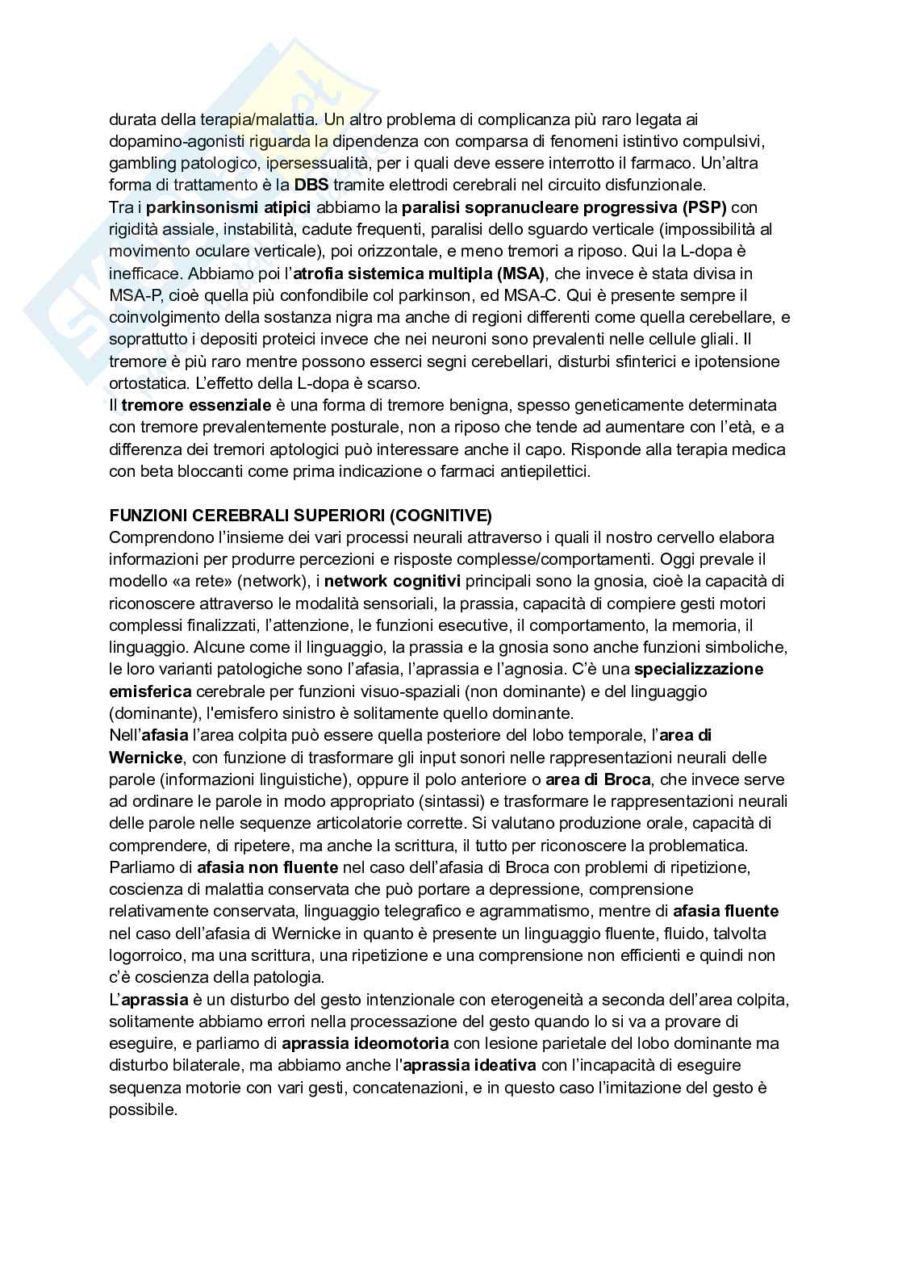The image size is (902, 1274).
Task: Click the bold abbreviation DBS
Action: (311, 185)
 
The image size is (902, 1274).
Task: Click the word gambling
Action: (140, 163)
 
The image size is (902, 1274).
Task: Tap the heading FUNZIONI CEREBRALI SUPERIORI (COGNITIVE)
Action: (300, 515)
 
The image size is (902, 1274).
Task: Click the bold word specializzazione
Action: (699, 669)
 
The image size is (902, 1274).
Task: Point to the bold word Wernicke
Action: (146, 757)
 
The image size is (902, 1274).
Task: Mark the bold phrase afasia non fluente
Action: (268, 867)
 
